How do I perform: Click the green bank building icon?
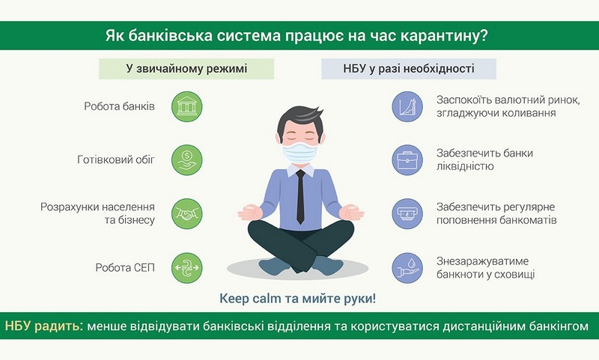click(186, 106)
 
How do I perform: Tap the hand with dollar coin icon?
click(186, 160)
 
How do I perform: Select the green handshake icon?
click(186, 214)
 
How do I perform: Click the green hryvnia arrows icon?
click(186, 268)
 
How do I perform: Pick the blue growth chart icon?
click(407, 106)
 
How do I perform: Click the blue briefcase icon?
click(407, 160)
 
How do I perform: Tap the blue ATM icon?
click(407, 214)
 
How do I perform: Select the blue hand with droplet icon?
click(407, 268)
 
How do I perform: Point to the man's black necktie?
click(301, 197)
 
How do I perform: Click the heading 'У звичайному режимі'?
click(186, 69)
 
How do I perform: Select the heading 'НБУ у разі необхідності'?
click(409, 69)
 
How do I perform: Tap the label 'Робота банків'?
click(119, 106)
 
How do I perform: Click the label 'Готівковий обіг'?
click(116, 159)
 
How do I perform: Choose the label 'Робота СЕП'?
click(125, 268)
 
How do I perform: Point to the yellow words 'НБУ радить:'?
click(43, 326)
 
